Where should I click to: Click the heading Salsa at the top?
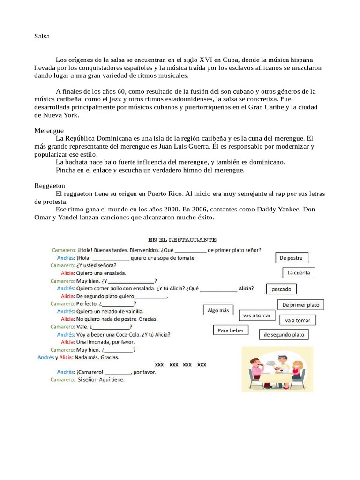click(x=42, y=36)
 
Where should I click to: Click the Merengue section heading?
click(x=49, y=131)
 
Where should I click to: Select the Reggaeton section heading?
click(x=50, y=186)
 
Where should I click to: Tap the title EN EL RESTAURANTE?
click(x=182, y=240)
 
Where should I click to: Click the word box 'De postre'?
click(x=291, y=258)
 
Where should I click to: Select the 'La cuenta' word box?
click(x=298, y=272)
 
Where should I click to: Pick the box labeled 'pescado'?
click(x=281, y=289)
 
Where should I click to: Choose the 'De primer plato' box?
click(x=300, y=305)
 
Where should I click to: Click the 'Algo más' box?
click(x=218, y=310)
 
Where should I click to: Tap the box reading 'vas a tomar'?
click(x=256, y=315)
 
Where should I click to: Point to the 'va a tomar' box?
click(x=297, y=320)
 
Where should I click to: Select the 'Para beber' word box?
click(x=230, y=330)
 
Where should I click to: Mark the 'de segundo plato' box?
click(x=284, y=335)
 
